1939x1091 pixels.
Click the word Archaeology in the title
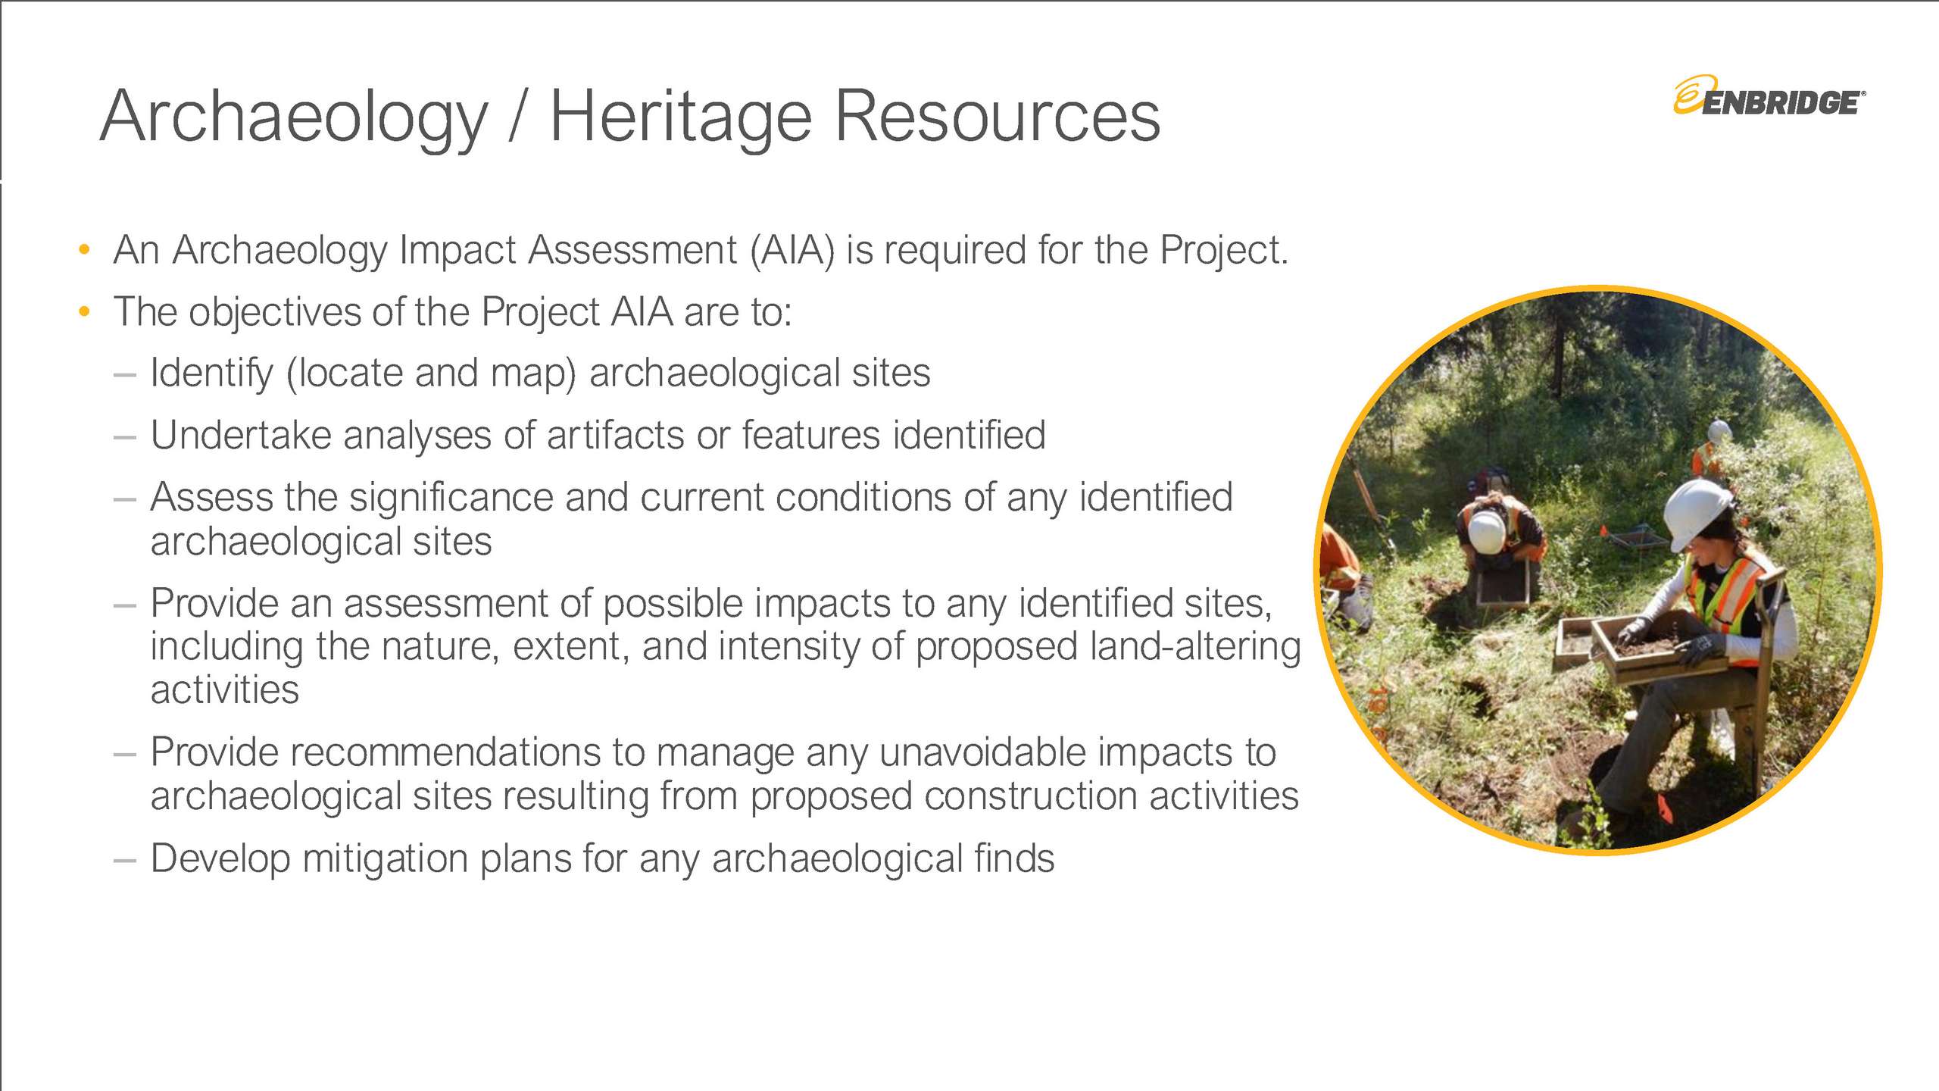click(294, 117)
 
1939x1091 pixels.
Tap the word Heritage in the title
click(680, 117)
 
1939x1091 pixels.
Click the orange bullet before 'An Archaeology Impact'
click(84, 249)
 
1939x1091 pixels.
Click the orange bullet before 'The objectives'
click(84, 311)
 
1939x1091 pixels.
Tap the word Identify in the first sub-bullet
click(211, 374)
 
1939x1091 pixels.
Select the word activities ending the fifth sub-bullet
click(225, 690)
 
